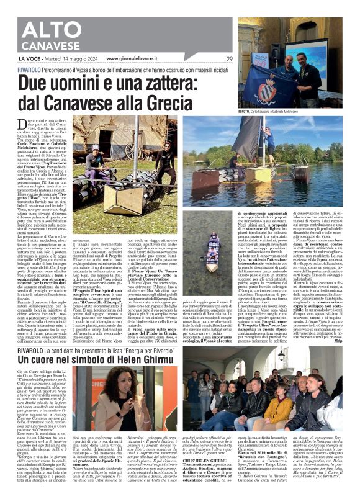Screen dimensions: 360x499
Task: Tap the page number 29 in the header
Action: [230, 58]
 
